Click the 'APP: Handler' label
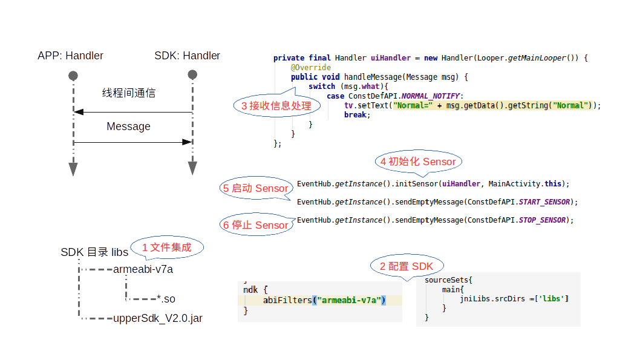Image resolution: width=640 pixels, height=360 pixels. (70, 56)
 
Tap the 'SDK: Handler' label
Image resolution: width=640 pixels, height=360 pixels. (187, 56)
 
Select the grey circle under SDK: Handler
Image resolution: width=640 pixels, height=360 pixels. (192, 75)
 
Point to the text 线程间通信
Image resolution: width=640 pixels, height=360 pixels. (128, 93)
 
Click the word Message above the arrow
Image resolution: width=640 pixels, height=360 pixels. (128, 126)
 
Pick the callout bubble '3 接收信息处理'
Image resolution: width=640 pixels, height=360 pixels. (272, 106)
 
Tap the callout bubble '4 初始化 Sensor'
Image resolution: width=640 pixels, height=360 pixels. (418, 162)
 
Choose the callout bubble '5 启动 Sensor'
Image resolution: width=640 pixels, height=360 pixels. (255, 188)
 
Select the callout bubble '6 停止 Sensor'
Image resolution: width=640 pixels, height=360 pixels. (255, 225)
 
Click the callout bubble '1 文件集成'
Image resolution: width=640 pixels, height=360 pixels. (166, 247)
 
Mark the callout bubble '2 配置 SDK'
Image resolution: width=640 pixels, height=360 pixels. (406, 266)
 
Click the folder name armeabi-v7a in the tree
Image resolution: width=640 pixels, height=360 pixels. (143, 269)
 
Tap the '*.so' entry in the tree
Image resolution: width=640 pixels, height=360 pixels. (166, 298)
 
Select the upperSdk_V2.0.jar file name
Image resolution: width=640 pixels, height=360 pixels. (158, 318)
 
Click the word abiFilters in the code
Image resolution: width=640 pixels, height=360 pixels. (288, 300)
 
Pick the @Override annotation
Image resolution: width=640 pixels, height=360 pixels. (310, 68)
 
